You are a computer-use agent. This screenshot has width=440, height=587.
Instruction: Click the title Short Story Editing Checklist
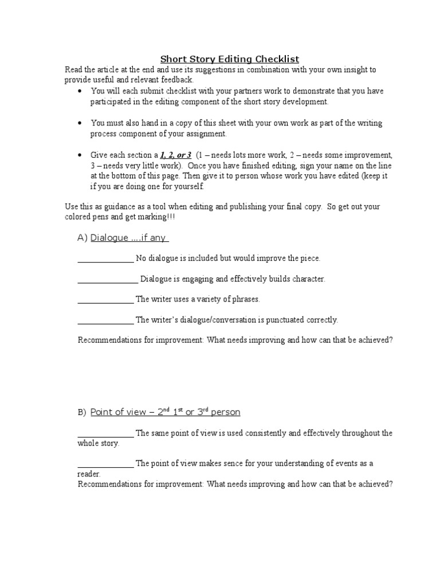pyautogui.click(x=229, y=59)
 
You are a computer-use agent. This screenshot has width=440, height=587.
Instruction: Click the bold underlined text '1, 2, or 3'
pyautogui.click(x=175, y=155)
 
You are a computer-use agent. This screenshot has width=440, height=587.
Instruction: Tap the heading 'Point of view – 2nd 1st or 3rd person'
pyautogui.click(x=166, y=412)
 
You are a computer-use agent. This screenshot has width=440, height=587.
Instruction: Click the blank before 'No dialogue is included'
pyautogui.click(x=105, y=259)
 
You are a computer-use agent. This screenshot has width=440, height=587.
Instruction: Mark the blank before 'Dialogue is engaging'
pyautogui.click(x=107, y=280)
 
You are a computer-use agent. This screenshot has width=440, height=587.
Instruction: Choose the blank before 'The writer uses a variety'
pyautogui.click(x=105, y=300)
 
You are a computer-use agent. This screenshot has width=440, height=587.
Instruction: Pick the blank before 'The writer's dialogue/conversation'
pyautogui.click(x=105, y=320)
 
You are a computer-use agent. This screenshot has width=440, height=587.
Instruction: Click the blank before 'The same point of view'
pyautogui.click(x=105, y=434)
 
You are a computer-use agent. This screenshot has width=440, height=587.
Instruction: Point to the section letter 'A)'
pyautogui.click(x=82, y=238)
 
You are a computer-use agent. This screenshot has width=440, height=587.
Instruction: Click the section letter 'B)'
pyautogui.click(x=82, y=413)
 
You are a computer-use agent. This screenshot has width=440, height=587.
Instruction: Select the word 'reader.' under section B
pyautogui.click(x=89, y=474)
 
